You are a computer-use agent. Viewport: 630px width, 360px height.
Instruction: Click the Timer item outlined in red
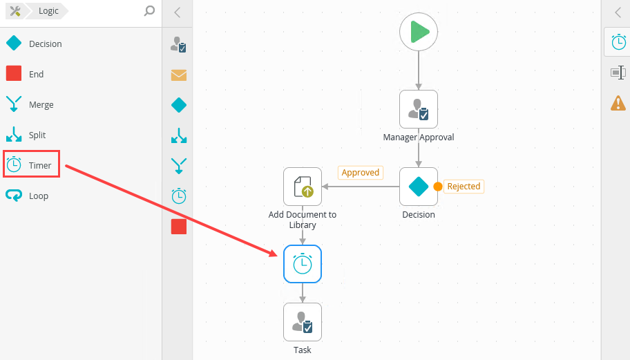tap(31, 165)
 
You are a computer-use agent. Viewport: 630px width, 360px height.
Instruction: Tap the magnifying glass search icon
tap(149, 10)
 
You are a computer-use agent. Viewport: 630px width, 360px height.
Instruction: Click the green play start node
tap(419, 32)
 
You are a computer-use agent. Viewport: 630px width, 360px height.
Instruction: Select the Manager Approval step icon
tap(419, 109)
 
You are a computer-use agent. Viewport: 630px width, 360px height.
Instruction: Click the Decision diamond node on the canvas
tap(419, 187)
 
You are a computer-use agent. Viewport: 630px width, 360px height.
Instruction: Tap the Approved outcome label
tap(360, 173)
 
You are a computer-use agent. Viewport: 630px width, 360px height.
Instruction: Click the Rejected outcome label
tap(463, 187)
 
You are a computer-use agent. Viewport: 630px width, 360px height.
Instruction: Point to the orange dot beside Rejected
tap(438, 187)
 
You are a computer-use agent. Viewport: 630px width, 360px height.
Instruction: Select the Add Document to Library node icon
tap(303, 187)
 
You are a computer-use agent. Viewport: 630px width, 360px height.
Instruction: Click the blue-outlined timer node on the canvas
tap(303, 264)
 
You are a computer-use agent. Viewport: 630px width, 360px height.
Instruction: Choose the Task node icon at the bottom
tap(303, 322)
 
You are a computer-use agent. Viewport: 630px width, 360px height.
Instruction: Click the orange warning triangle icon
tap(618, 103)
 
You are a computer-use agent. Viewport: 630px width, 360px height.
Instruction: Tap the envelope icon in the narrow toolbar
tap(179, 75)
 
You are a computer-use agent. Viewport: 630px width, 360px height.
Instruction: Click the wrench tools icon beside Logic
tap(15, 10)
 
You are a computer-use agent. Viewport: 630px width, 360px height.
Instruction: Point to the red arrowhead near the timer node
tap(274, 253)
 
